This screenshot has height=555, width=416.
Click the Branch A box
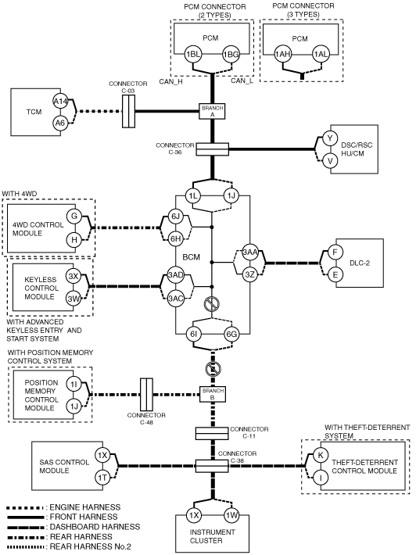click(213, 111)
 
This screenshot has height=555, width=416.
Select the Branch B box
click(213, 394)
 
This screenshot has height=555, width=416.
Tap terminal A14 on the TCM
click(60, 102)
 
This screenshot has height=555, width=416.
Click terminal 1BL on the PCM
click(193, 55)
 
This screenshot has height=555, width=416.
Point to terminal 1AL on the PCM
click(321, 54)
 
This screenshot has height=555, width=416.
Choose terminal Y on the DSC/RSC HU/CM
click(330, 138)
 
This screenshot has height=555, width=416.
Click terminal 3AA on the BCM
click(250, 252)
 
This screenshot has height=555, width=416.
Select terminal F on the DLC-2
click(335, 252)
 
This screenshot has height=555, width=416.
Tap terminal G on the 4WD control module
click(74, 217)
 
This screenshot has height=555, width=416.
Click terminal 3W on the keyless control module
click(74, 299)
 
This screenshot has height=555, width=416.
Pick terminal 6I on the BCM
click(193, 334)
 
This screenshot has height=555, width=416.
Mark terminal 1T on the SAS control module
click(102, 478)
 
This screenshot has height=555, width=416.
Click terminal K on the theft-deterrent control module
click(321, 455)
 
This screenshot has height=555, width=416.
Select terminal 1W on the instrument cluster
click(231, 515)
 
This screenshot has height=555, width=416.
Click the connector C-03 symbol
click(128, 112)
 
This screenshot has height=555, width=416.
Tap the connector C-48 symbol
click(146, 394)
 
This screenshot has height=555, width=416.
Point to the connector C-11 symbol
click(212, 433)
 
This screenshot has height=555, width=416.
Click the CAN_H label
click(171, 82)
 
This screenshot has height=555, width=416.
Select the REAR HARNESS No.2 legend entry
click(69, 547)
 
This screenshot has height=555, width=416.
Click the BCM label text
click(191, 257)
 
